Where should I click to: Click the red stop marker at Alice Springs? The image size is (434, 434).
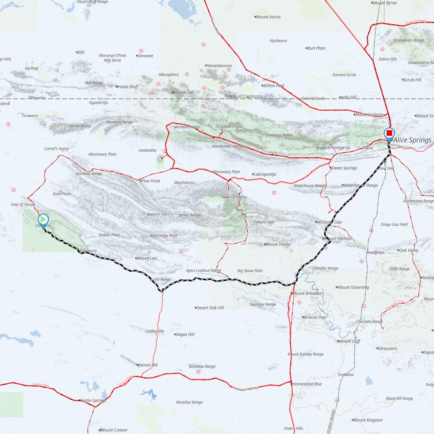(389, 134)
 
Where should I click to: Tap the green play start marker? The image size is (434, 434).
(43, 220)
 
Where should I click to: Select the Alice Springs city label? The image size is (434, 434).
(412, 140)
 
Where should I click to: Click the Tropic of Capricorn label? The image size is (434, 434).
(243, 97)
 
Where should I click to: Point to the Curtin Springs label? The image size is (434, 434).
(93, 400)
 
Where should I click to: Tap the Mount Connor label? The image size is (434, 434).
(114, 430)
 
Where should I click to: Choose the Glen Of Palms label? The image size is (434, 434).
(234, 197)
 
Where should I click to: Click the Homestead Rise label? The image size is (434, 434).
(307, 384)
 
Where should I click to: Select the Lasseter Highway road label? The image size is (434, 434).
(247, 388)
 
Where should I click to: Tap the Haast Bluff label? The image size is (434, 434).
(128, 87)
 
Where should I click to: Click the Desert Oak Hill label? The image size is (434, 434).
(210, 308)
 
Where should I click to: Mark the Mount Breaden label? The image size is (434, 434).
(306, 293)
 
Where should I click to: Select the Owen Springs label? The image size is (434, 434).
(344, 168)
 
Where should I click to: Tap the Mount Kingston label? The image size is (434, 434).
(367, 420)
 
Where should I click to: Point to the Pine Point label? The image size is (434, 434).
(150, 181)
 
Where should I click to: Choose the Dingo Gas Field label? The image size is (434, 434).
(394, 224)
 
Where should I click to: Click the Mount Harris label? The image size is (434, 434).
(268, 17)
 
